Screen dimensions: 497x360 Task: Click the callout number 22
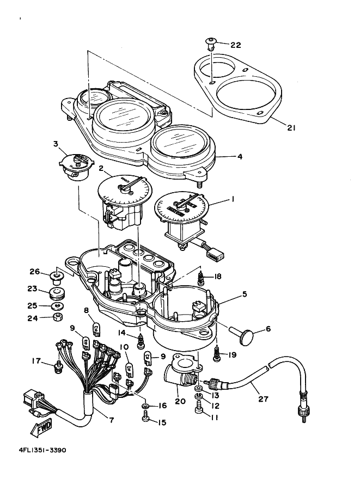235,45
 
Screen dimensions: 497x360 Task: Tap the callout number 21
291,127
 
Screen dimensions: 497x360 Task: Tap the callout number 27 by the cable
263,399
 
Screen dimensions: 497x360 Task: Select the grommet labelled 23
56,295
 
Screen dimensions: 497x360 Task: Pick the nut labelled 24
57,317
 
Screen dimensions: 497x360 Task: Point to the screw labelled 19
218,354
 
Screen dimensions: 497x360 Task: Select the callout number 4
239,156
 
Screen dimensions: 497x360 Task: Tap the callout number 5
245,294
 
